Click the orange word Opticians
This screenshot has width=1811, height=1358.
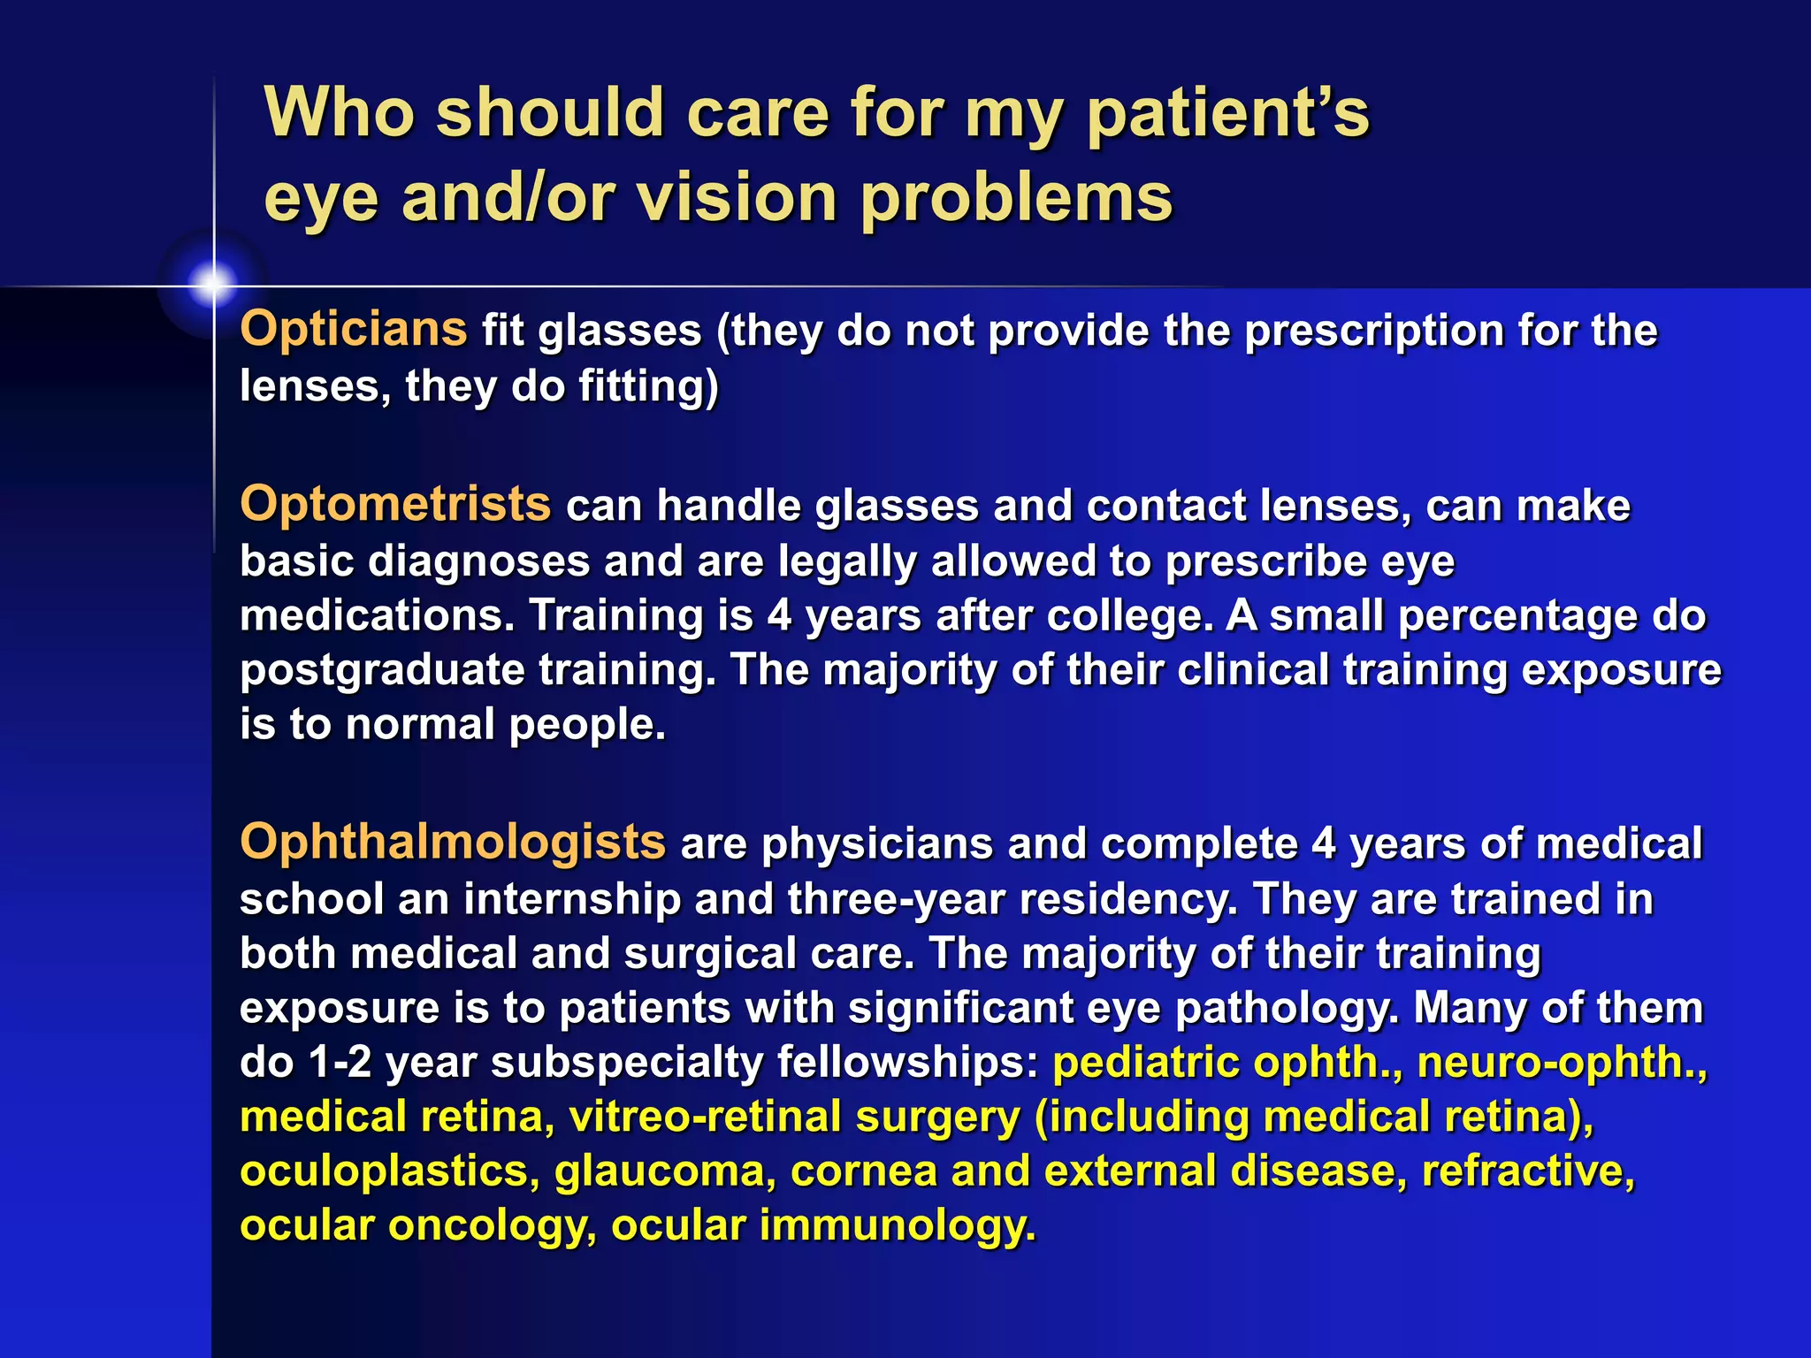tap(353, 329)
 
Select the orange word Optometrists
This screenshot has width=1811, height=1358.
tap(395, 504)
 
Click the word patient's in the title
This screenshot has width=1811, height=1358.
tap(1227, 113)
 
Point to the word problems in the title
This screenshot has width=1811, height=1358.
tap(1016, 197)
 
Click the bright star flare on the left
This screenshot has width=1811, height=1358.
tap(212, 285)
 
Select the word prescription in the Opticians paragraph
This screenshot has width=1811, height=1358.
tap(1373, 331)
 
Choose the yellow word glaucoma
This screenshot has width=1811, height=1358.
tap(665, 1171)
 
